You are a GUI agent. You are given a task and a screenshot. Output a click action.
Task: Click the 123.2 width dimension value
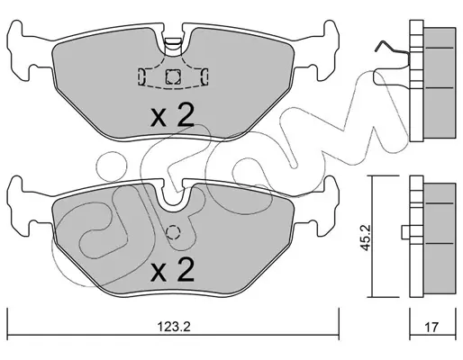click(174, 327)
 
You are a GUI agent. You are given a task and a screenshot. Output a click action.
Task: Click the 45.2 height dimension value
click(366, 238)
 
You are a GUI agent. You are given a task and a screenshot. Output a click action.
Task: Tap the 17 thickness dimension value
click(431, 327)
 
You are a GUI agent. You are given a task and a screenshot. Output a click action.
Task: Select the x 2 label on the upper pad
click(172, 115)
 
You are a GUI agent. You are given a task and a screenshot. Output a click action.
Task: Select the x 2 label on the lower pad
click(172, 271)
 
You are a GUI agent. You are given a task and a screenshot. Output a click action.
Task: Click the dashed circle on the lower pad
click(173, 232)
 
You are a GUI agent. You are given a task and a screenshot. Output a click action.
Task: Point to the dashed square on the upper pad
click(173, 76)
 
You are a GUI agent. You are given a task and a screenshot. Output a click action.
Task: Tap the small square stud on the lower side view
click(405, 233)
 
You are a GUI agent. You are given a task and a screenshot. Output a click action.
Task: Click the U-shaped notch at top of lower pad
click(173, 196)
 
